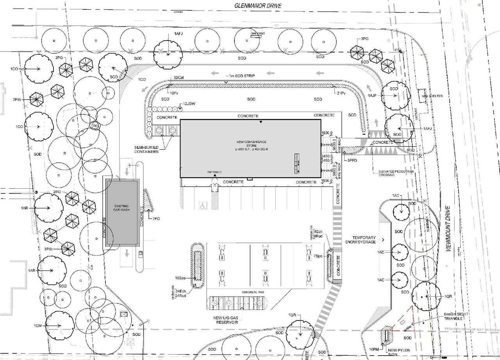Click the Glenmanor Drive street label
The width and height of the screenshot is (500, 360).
pyautogui.click(x=258, y=6)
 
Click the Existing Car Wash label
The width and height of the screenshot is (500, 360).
pyautogui.click(x=121, y=208)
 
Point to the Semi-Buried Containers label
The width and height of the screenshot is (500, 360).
pyautogui.click(x=147, y=149)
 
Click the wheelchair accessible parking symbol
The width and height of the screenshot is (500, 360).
pyautogui.click(x=203, y=205)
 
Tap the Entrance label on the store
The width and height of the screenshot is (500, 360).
pyautogui.click(x=215, y=172)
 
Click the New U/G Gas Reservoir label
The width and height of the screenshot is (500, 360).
pyautogui.click(x=226, y=320)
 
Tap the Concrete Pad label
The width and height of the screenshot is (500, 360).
pyautogui.click(x=249, y=292)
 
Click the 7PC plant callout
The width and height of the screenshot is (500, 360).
pyautogui.click(x=155, y=218)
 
